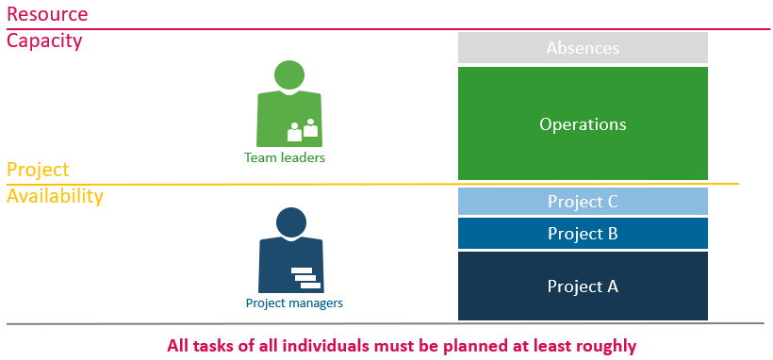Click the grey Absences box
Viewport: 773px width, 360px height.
point(583,47)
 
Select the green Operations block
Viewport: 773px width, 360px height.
point(583,123)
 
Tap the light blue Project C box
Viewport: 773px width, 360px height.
point(583,201)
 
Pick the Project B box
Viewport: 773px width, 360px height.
point(583,234)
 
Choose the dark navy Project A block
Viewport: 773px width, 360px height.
point(583,286)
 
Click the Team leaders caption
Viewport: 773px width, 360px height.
point(285,158)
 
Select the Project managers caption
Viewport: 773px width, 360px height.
point(294,303)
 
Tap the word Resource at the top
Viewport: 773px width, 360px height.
point(47,14)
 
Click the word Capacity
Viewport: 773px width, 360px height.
point(44,41)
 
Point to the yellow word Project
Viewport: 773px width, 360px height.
point(38,170)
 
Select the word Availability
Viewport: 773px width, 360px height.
point(55,196)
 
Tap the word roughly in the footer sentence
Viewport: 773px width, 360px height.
point(605,345)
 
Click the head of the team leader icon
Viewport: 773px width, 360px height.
point(288,75)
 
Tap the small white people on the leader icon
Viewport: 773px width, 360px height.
point(303,130)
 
